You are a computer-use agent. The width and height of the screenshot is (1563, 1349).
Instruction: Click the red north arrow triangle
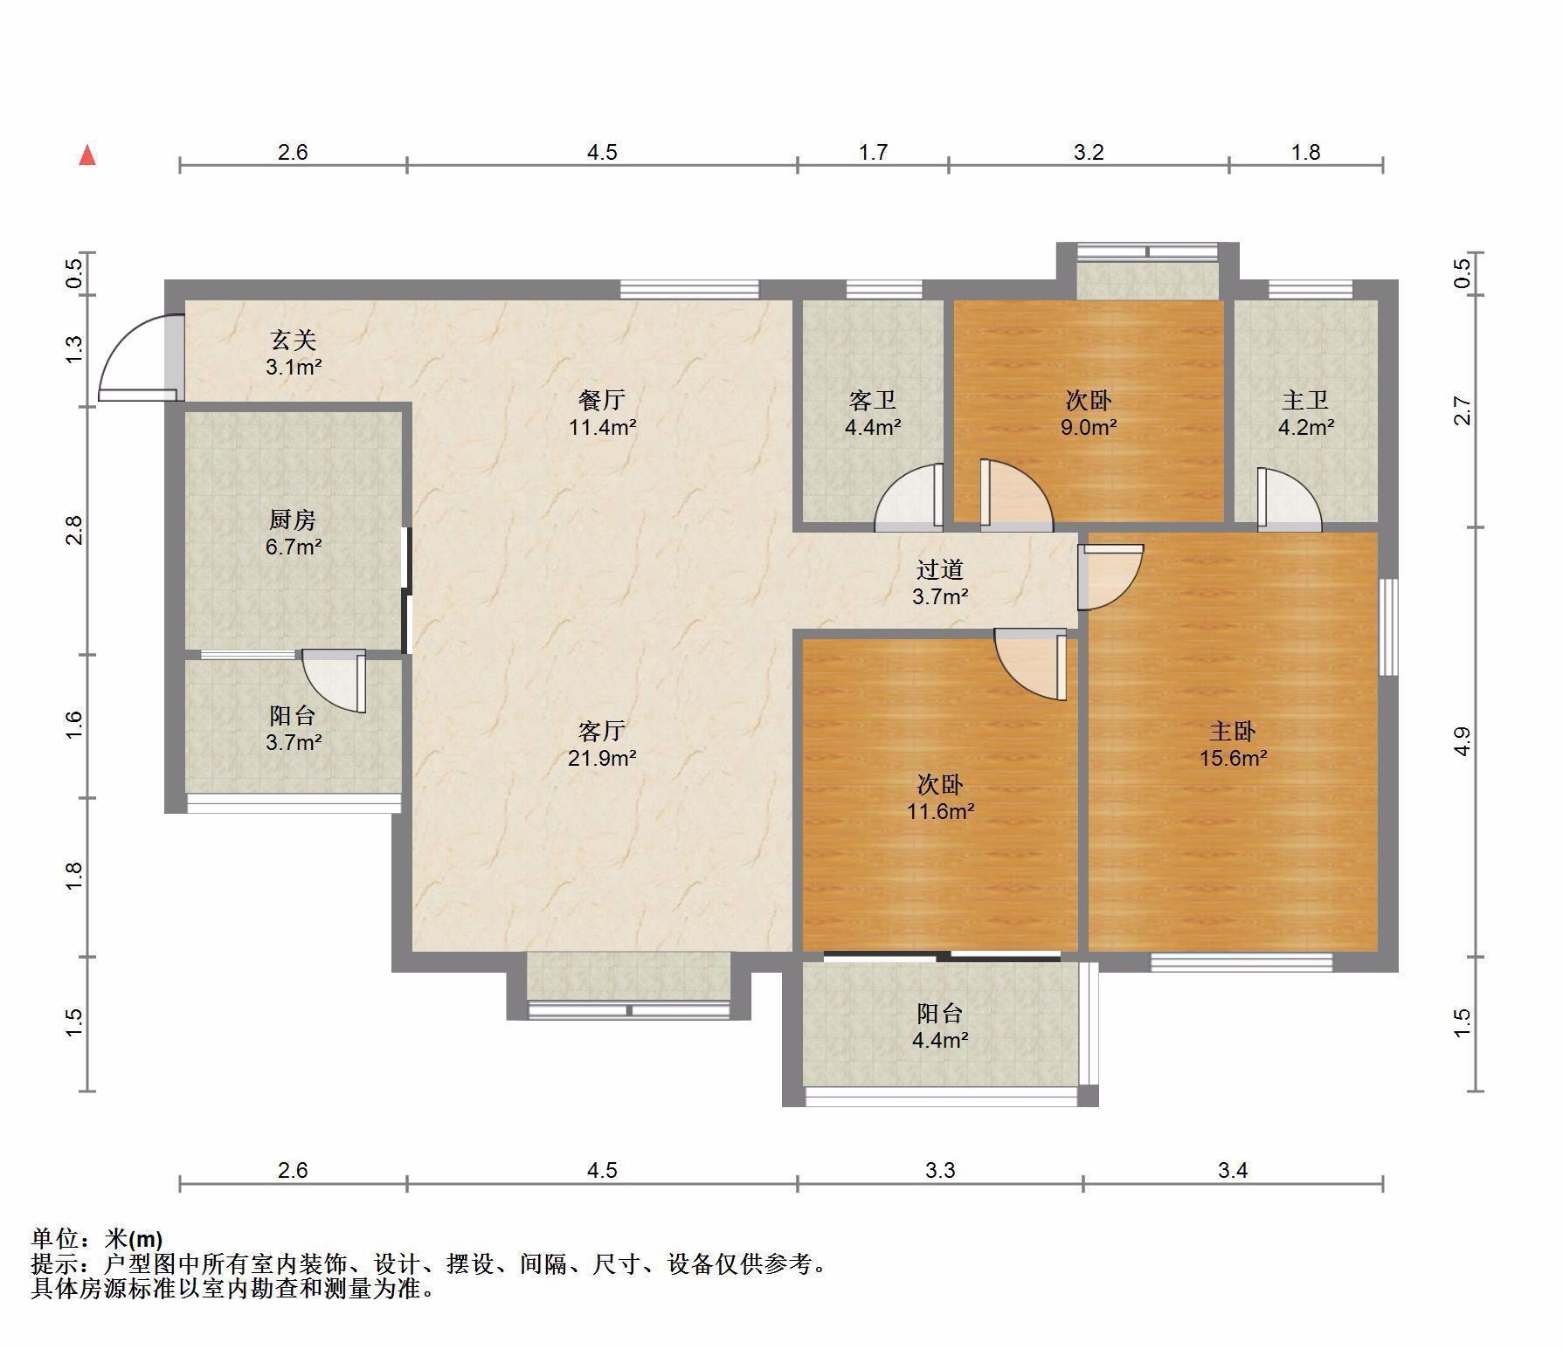coord(87,155)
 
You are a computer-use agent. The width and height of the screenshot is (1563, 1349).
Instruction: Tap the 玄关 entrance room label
coord(293,340)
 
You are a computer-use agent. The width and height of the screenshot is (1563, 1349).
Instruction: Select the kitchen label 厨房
coord(293,520)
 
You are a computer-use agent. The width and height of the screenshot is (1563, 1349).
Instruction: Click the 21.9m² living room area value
coord(602,758)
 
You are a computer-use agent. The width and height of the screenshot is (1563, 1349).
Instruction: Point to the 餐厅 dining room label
coord(602,400)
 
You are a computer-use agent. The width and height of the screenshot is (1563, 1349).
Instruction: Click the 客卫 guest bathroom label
coord(873,400)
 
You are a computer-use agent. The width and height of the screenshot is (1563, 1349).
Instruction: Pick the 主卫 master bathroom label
coord(1306,400)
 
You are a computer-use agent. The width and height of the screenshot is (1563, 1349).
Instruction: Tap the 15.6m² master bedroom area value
coord(1233,758)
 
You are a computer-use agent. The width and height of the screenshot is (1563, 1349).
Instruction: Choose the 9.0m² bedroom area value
coord(1089,428)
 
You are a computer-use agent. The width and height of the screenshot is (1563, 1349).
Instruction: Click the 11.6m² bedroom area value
coord(940,811)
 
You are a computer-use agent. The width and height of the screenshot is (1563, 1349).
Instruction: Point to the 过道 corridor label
coord(940,569)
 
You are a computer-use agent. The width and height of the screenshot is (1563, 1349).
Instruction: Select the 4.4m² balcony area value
coord(940,1041)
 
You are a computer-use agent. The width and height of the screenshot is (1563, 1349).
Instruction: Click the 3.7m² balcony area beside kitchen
coord(294,743)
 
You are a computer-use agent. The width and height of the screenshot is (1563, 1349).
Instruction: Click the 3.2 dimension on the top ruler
coord(1089,153)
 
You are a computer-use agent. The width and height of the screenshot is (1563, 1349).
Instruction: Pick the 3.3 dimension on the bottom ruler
coord(940,1170)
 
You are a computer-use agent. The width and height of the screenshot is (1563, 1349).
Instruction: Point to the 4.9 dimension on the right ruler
coord(1463,741)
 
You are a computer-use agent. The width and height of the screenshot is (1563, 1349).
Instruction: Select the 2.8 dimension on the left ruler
coord(74,530)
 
